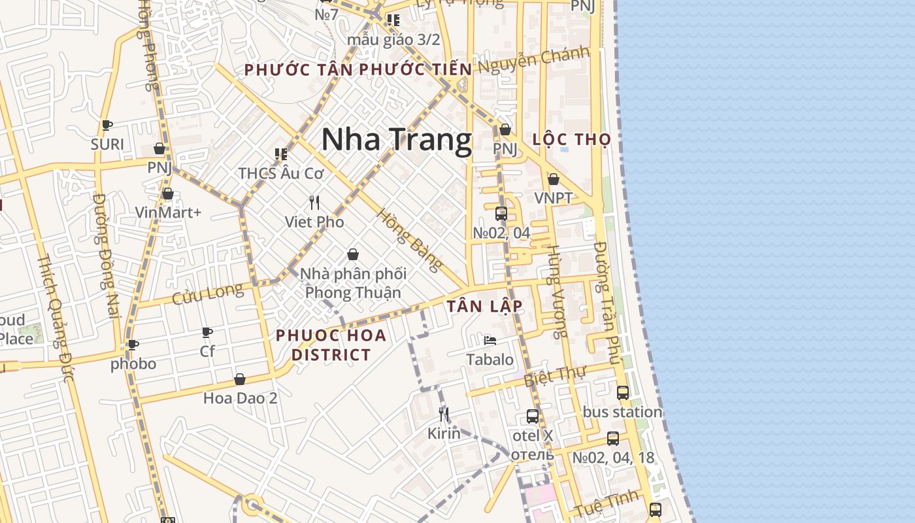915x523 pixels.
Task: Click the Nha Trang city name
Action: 396,139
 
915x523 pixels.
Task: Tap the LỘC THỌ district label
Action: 572,139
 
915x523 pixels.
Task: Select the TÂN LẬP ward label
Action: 484,306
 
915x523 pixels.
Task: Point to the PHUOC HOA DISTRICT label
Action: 331,345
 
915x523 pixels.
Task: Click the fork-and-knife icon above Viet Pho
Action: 314,202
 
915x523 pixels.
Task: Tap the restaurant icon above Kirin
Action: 444,414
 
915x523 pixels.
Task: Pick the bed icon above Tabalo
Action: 490,341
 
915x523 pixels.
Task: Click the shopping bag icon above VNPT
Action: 554,179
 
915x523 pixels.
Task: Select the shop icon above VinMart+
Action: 168,194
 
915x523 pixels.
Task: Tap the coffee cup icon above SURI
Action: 107,125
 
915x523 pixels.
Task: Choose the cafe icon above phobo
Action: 133,345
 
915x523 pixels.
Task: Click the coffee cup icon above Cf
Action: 207,332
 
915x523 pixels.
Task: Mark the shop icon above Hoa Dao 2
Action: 240,379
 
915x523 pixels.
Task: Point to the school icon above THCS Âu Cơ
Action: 281,154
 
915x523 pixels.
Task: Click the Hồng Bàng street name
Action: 410,240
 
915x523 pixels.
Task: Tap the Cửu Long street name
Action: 207,294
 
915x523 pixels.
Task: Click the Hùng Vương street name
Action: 557,292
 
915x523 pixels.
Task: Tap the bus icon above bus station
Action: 623,393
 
